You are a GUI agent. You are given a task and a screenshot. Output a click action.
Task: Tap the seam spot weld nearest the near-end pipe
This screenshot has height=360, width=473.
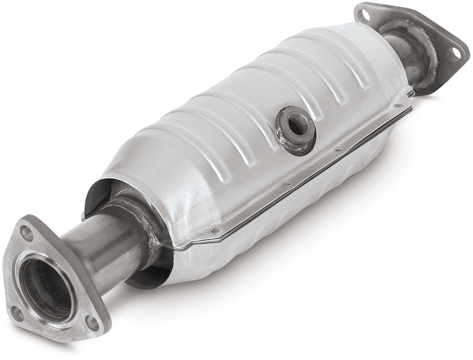tap(213, 230)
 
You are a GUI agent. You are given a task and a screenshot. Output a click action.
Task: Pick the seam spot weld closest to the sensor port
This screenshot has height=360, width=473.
tap(337, 150)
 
